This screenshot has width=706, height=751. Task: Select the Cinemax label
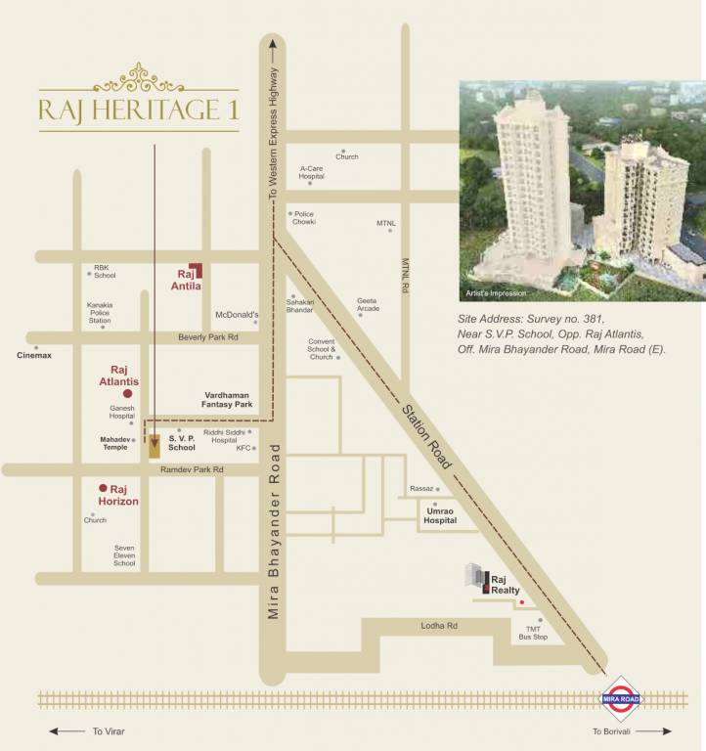34,355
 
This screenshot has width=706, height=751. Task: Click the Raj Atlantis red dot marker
127,393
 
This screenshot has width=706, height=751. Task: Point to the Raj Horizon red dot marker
102,487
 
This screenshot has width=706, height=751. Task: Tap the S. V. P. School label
182,442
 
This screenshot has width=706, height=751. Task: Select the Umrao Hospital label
440,516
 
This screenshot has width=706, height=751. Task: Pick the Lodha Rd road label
439,625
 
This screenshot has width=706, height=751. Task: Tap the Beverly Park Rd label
208,337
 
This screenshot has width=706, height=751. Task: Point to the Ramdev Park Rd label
193,470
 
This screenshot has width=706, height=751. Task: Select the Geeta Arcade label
368,305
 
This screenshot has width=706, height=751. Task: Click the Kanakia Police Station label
100,313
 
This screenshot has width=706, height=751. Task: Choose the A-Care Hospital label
312,172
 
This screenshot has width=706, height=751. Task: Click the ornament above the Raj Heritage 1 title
138,75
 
